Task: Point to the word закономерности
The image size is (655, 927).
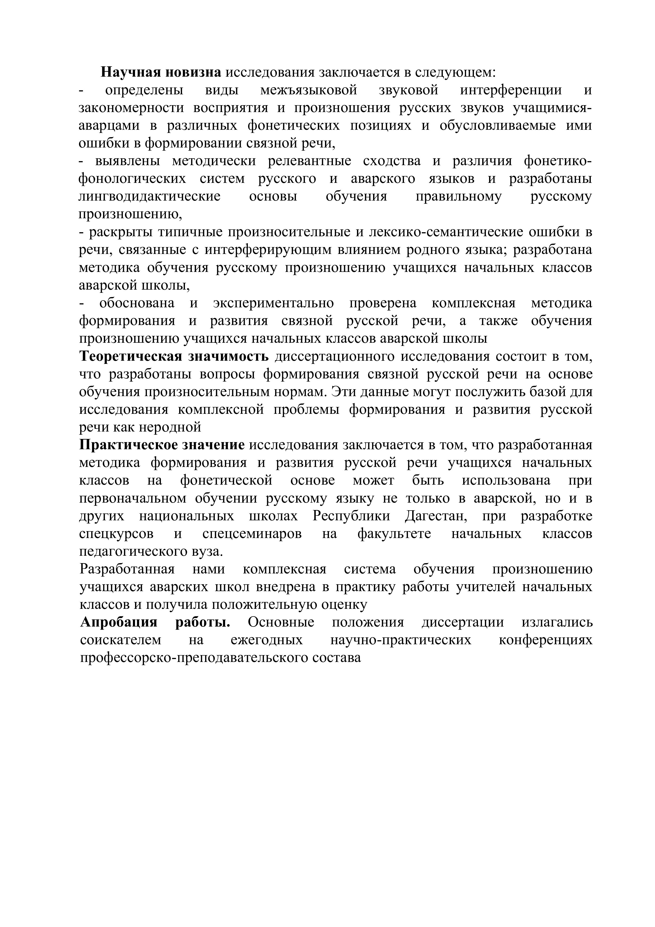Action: coord(131,108)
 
